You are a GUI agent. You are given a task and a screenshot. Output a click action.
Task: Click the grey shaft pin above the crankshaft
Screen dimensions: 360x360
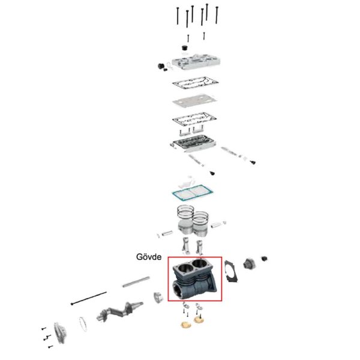(x=136, y=280)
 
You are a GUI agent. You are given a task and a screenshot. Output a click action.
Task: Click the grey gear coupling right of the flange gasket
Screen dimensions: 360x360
(x=249, y=263)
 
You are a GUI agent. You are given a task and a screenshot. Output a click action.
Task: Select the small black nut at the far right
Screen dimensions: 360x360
(x=265, y=259)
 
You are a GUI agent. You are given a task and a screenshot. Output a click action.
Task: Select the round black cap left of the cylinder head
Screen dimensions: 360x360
(x=161, y=65)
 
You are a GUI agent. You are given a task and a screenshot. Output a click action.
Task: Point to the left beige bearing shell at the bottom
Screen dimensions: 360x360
(x=184, y=325)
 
